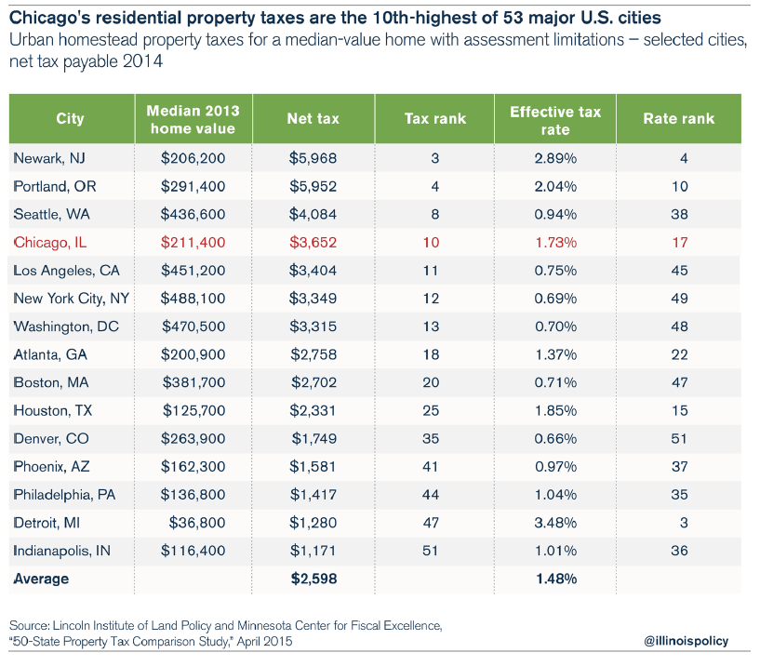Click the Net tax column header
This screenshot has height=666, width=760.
[x=313, y=119]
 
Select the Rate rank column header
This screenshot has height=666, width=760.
[x=679, y=119]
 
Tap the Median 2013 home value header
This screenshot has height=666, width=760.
[x=193, y=119]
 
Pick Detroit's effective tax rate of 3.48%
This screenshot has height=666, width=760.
[x=555, y=523]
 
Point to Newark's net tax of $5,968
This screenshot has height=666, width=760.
[x=313, y=158]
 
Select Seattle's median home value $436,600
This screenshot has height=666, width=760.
[x=193, y=214]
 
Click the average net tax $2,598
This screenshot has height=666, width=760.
[x=313, y=579]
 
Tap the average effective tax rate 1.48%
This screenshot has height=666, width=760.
[x=555, y=579]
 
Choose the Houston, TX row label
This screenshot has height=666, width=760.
[x=55, y=410]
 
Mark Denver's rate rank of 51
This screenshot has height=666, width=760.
[x=679, y=438]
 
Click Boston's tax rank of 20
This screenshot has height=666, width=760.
[x=434, y=382]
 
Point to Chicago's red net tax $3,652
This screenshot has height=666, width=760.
[x=313, y=243]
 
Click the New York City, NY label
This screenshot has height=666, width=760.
[x=71, y=299]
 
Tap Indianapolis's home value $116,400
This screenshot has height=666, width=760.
[x=193, y=551]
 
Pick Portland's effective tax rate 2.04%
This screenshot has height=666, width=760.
[x=555, y=186]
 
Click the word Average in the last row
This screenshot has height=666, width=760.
[x=41, y=579]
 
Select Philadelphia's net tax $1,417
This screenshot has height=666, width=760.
[x=313, y=495]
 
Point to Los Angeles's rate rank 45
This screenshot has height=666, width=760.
[x=679, y=271]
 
